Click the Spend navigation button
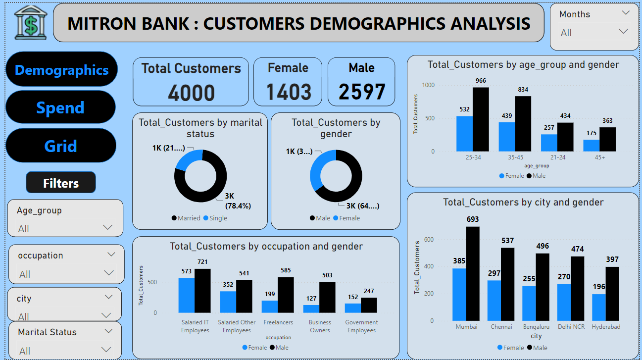[60, 107]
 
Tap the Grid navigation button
[60, 146]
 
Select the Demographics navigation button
[61, 70]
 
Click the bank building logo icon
[30, 23]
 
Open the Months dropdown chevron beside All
[623, 32]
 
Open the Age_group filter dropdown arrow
[107, 228]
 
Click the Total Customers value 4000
[191, 93]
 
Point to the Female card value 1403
[289, 92]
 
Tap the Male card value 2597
[362, 92]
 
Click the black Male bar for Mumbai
[473, 274]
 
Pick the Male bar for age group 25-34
[480, 119]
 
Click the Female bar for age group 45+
[592, 146]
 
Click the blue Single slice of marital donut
[188, 159]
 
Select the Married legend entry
[186, 218]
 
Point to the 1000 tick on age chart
[428, 85]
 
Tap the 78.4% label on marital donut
[238, 206]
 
